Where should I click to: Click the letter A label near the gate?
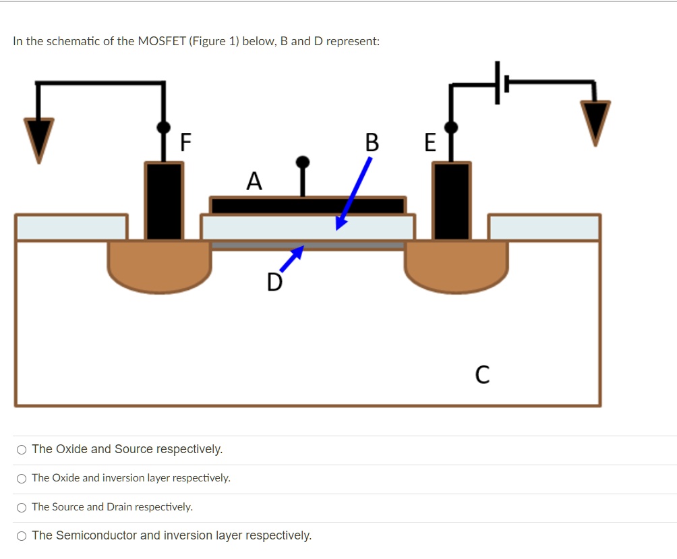click(254, 181)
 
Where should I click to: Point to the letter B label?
click(372, 143)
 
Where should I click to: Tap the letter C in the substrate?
click(482, 374)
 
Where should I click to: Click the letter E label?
click(430, 143)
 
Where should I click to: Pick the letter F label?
click(185, 143)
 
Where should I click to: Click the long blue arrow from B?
click(355, 193)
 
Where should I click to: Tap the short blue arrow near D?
click(291, 258)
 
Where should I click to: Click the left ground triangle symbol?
click(39, 138)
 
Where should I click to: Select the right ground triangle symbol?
click(596, 122)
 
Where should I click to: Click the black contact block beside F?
click(164, 200)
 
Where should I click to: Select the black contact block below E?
click(451, 200)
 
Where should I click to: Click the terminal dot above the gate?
click(303, 162)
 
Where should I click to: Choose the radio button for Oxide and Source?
click(22, 450)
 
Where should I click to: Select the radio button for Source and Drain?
click(22, 507)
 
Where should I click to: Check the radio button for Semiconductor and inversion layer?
click(22, 536)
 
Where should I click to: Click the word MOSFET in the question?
click(162, 41)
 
